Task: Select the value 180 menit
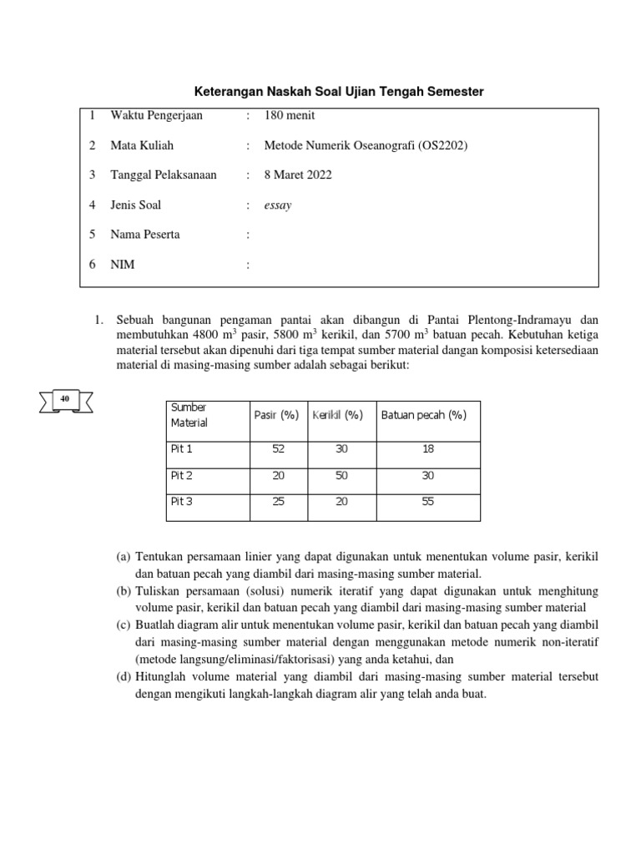[x=290, y=115]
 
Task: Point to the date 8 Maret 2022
[x=298, y=175]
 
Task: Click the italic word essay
[x=278, y=205]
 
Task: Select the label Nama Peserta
[x=145, y=235]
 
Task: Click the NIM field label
[x=122, y=265]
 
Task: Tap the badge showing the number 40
[x=64, y=400]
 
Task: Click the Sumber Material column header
[x=189, y=415]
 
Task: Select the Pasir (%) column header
[x=276, y=415]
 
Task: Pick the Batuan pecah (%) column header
[x=423, y=415]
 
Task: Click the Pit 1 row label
[x=181, y=448]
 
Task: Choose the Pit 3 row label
[x=181, y=502]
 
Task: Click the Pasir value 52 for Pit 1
[x=278, y=448]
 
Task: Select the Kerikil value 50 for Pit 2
[x=341, y=475]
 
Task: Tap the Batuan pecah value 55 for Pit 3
[x=426, y=502]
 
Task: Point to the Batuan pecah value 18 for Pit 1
[x=426, y=448]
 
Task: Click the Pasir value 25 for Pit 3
[x=278, y=502]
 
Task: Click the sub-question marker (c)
[x=124, y=625]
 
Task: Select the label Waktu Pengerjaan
[x=156, y=115]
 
